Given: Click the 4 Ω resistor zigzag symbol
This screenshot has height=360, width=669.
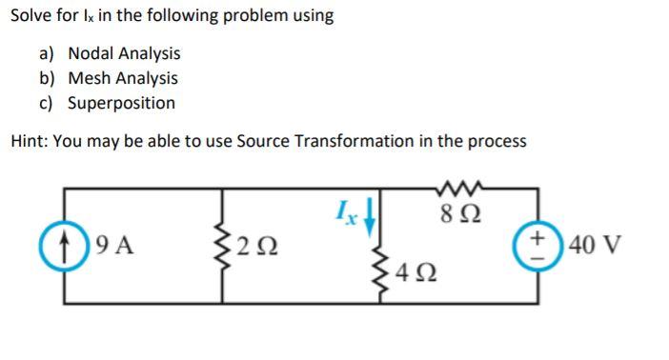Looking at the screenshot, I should click(x=389, y=275).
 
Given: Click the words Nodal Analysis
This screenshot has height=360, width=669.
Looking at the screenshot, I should click(x=124, y=54).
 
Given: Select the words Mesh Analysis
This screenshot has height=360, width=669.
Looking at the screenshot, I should click(x=123, y=78).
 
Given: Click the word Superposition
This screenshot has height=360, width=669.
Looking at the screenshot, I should click(x=122, y=103).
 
